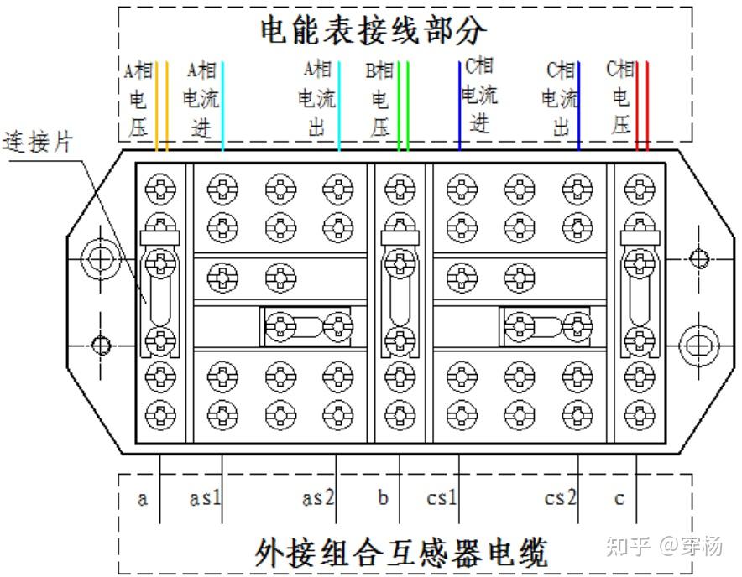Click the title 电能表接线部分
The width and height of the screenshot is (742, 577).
tap(373, 31)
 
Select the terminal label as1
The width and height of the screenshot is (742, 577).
tap(205, 498)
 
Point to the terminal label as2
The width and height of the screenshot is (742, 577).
tap(318, 498)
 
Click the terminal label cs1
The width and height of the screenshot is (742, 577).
tap(442, 498)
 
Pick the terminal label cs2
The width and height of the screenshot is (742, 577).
tap(560, 498)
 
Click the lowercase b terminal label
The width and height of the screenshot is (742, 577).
tap(383, 498)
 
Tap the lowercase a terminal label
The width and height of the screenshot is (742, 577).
tap(143, 498)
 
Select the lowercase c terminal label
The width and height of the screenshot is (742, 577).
tap(619, 498)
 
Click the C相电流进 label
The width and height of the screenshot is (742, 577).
tap(478, 95)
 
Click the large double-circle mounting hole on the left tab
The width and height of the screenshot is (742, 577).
tap(100, 257)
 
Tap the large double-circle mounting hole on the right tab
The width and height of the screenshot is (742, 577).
tap(698, 344)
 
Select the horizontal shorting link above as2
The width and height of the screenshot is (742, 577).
tap(308, 325)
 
